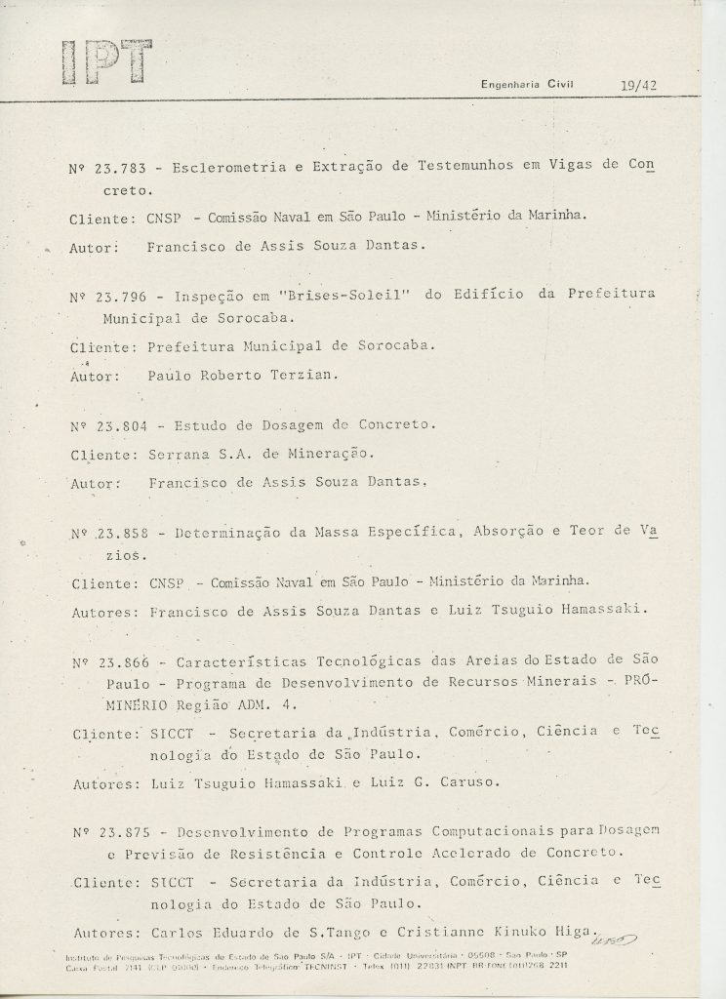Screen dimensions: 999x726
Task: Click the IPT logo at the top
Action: coord(105,62)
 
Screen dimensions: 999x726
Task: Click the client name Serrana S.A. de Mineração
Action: coord(261,454)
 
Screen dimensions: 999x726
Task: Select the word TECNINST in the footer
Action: coord(295,965)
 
